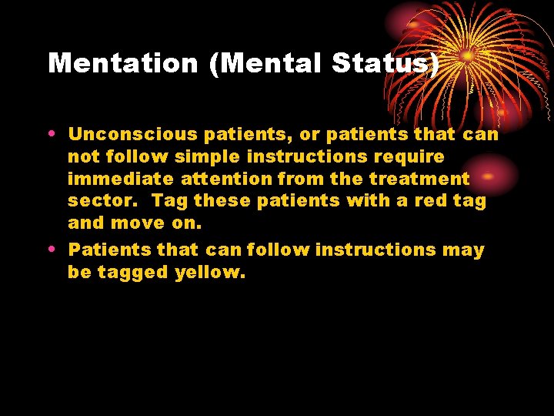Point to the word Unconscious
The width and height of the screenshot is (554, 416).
click(134, 135)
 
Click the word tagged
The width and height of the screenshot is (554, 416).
click(126, 272)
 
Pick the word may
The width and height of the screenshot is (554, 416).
click(468, 250)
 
